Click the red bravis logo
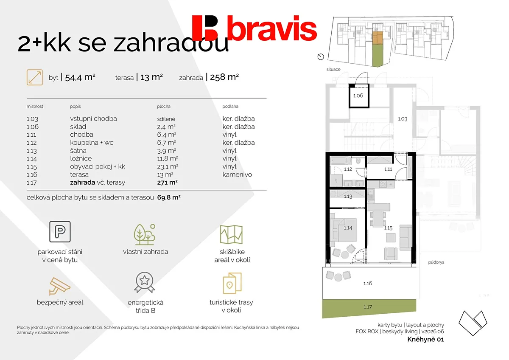point(254,28)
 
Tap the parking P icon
point(60,231)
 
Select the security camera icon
point(59,286)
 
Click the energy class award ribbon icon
point(145,282)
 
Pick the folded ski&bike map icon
point(231,234)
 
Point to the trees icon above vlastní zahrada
point(145,234)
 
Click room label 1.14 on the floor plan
point(348,228)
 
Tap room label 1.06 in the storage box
point(358,96)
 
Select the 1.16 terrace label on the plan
point(368,283)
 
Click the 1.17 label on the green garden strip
point(368,307)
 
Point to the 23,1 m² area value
point(168,167)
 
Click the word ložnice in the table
point(81,158)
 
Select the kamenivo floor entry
point(237,174)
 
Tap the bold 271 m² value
point(167,183)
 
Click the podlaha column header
point(230,106)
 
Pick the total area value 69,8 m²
point(169,197)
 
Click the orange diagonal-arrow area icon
point(34,77)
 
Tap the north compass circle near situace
point(321,56)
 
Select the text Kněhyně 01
point(425,339)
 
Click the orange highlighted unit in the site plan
point(378,37)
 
